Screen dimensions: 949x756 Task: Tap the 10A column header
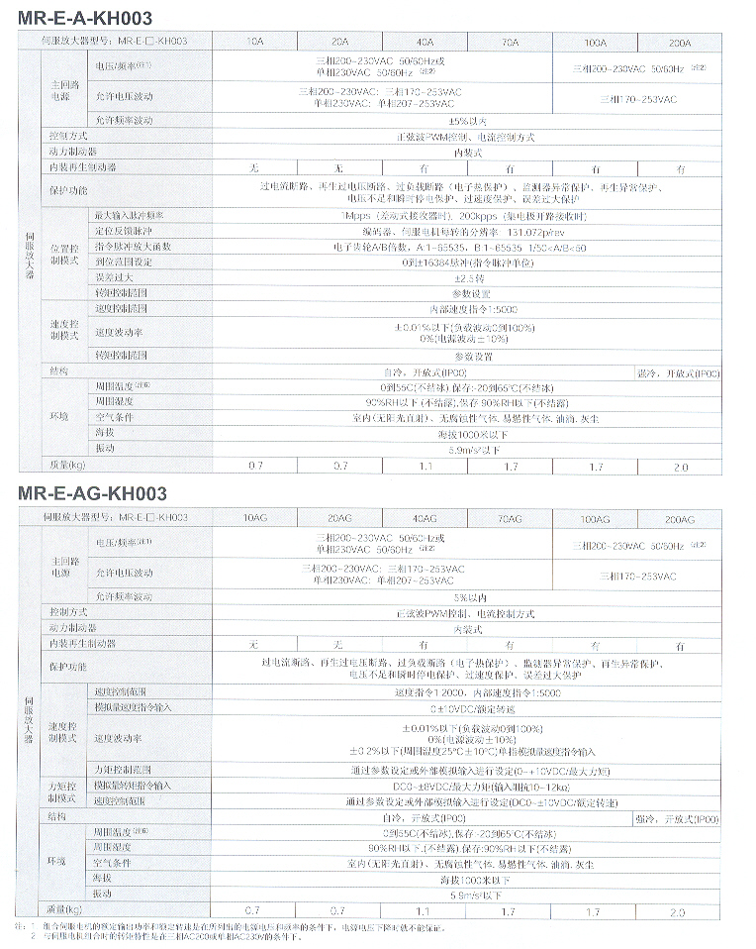tap(254, 42)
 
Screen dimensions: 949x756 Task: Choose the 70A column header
tap(510, 42)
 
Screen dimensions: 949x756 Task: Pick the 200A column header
tap(679, 42)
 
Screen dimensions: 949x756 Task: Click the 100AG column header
tap(595, 517)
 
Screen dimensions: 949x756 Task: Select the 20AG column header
tap(339, 517)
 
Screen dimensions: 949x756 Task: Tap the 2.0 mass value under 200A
tap(679, 465)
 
